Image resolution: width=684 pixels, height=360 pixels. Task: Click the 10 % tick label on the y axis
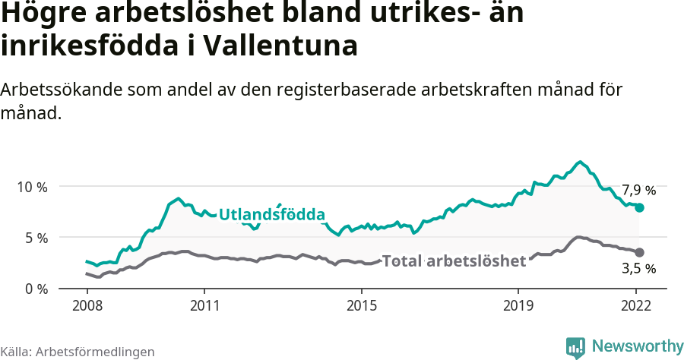pyautogui.click(x=31, y=187)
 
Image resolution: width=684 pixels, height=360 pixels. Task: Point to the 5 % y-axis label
pyautogui.click(x=35, y=238)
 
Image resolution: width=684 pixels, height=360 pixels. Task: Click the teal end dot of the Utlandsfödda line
pyautogui.click(x=640, y=207)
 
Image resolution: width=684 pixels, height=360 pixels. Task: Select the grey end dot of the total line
pyautogui.click(x=640, y=252)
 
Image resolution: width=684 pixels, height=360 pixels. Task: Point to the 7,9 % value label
pyautogui.click(x=638, y=190)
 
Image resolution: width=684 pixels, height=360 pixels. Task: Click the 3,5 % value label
pyautogui.click(x=638, y=268)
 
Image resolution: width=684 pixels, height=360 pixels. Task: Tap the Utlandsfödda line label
pyautogui.click(x=272, y=214)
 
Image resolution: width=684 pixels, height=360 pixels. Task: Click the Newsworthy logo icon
pyautogui.click(x=575, y=347)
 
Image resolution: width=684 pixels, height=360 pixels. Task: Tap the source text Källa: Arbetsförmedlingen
pyautogui.click(x=78, y=352)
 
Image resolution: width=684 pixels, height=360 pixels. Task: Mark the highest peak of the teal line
pyautogui.click(x=580, y=162)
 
